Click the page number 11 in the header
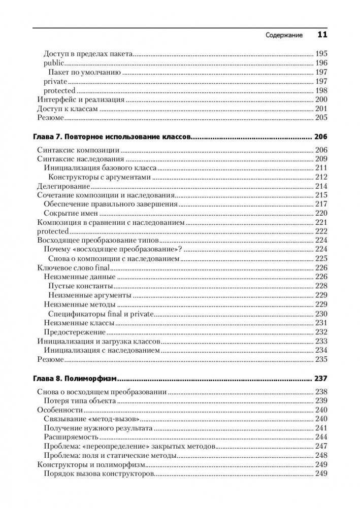pos(322,35)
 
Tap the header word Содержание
pos(284,36)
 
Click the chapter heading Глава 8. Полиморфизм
pos(75,379)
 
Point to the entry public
pos(54,63)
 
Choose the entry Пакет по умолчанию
pos(84,72)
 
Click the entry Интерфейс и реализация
pos(74,100)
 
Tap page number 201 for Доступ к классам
pos(321,109)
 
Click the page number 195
pos(321,54)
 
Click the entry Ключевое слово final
pos(74,267)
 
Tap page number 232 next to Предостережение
pos(321,331)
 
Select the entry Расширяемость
pos(71,437)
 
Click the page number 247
pos(321,446)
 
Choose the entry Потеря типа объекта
pos(81,400)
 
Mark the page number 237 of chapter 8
pos(321,379)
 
